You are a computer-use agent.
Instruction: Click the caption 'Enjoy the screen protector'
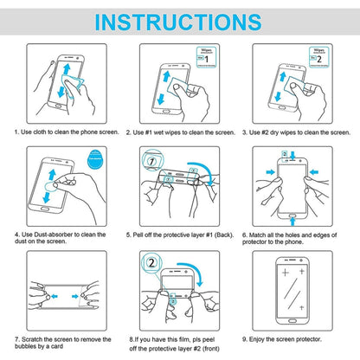300,340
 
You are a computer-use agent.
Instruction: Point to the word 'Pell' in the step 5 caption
141,234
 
